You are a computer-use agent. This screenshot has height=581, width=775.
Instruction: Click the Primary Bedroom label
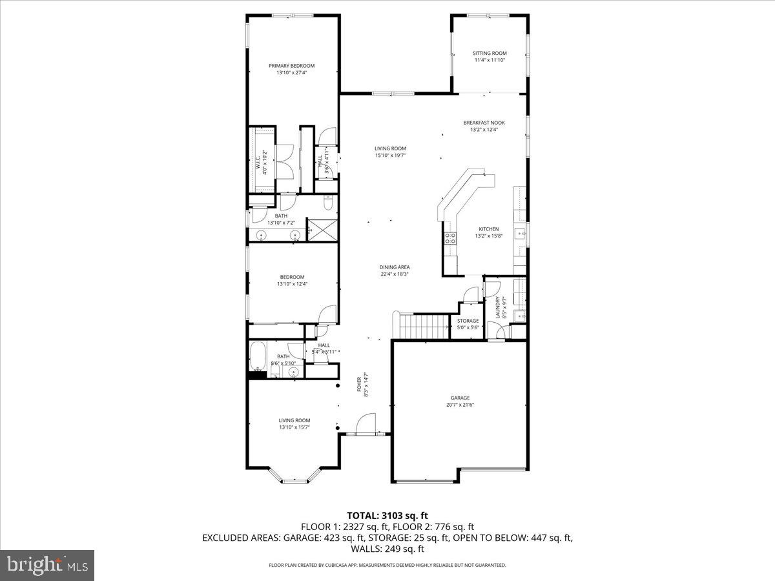click(x=291, y=66)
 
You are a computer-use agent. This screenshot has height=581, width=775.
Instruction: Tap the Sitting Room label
click(x=490, y=53)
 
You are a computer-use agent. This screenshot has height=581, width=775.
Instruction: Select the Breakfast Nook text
click(x=484, y=122)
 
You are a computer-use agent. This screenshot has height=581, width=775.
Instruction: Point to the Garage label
click(x=460, y=398)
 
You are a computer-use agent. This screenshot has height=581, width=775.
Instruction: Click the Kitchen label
click(x=488, y=229)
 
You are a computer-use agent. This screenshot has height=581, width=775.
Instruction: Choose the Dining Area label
click(x=395, y=267)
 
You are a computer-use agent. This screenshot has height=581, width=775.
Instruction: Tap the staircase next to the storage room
click(x=423, y=325)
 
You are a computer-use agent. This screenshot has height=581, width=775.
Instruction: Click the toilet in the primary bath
click(x=327, y=204)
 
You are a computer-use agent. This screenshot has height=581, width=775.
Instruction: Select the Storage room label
click(x=468, y=321)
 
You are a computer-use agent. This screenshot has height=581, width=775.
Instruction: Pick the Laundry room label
click(x=497, y=307)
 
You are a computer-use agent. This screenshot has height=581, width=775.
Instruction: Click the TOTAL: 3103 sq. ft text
click(x=387, y=515)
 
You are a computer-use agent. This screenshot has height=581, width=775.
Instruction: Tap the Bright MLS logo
click(x=47, y=565)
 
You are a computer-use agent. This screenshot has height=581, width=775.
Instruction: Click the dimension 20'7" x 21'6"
click(x=460, y=405)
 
